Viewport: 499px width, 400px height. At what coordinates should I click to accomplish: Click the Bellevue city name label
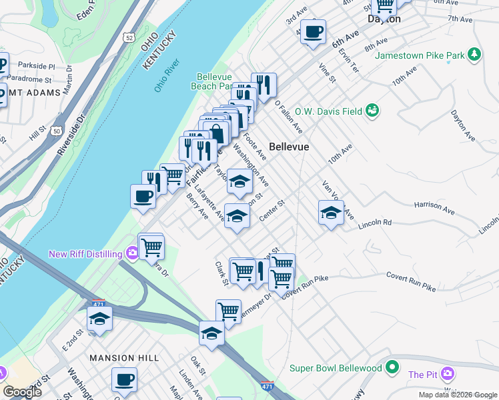pyautogui.click(x=289, y=147)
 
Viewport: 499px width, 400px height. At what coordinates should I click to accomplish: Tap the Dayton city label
pyautogui.click(x=384, y=19)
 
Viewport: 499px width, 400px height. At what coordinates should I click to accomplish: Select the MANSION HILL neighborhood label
pyautogui.click(x=125, y=358)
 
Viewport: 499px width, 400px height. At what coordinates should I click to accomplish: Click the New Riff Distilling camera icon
pyautogui.click(x=132, y=253)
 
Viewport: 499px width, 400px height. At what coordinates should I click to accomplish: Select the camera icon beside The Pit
pyautogui.click(x=450, y=374)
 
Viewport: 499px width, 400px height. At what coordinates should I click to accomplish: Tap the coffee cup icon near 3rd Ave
pyautogui.click(x=313, y=31)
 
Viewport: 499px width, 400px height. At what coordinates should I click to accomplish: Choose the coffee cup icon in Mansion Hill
pyautogui.click(x=124, y=380)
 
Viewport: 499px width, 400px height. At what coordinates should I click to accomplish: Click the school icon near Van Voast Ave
pyautogui.click(x=331, y=213)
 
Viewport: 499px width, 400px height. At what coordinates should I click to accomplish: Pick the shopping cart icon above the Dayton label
pyautogui.click(x=384, y=5)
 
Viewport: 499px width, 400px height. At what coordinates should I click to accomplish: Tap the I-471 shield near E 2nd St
pyautogui.click(x=97, y=303)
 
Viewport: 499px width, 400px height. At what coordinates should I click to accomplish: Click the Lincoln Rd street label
pyautogui.click(x=374, y=223)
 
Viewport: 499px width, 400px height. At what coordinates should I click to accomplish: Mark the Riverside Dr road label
pyautogui.click(x=71, y=134)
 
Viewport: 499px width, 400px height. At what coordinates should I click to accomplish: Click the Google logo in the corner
pyautogui.click(x=23, y=392)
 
